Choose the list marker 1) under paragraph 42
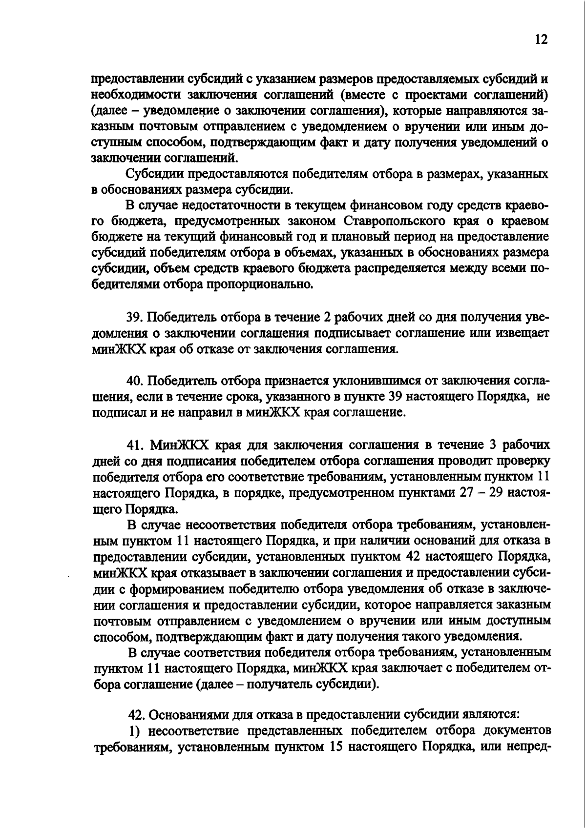[x=134, y=731]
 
